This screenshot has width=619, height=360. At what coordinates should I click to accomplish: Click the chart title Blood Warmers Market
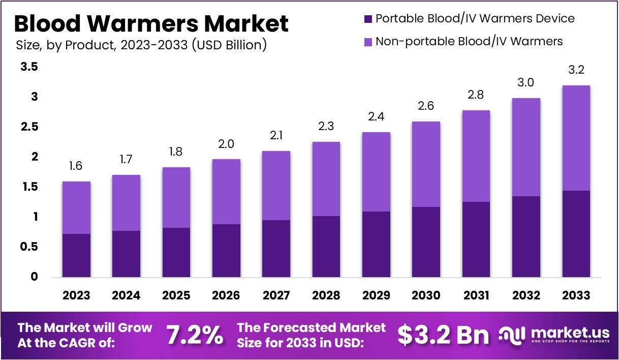[151, 23]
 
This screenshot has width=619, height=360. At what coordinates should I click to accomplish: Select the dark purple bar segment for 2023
[76, 255]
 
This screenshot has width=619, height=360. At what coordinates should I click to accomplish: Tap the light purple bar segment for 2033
[576, 138]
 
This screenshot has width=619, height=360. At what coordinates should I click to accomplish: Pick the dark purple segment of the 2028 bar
[326, 247]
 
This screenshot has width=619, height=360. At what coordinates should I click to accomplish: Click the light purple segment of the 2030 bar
[426, 164]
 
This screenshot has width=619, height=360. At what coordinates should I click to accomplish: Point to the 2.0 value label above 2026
[226, 144]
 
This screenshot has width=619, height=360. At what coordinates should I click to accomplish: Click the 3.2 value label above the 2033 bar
[576, 70]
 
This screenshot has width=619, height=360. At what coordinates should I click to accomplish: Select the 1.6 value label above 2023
[76, 166]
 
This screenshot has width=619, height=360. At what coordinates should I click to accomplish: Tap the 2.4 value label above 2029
[376, 117]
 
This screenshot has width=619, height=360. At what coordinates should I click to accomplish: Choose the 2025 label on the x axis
[176, 295]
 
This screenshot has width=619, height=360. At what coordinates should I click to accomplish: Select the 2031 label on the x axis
[476, 295]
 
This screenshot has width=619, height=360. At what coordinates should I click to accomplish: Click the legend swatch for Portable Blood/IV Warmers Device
[367, 19]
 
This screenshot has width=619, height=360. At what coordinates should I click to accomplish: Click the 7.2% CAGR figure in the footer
[194, 335]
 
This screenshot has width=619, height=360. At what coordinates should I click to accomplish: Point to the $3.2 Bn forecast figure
[443, 335]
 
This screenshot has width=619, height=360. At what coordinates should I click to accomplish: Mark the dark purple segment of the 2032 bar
[526, 236]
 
